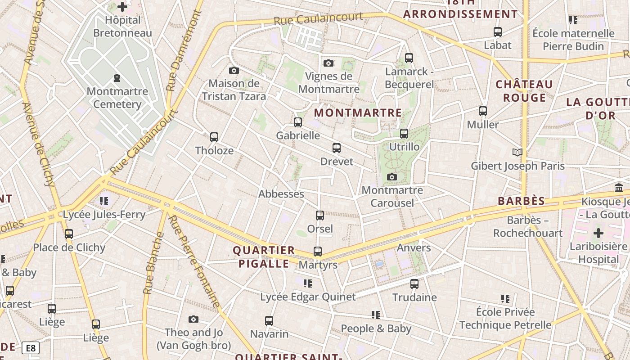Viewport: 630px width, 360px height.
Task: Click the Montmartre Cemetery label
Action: [117, 98]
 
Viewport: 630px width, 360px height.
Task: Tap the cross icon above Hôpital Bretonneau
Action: [122, 7]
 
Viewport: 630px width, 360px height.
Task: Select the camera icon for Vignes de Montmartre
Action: [328, 63]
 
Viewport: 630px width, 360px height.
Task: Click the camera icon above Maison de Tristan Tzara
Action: [234, 70]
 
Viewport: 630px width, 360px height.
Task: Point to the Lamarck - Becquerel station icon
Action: [409, 58]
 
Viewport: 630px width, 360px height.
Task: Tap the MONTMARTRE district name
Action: [358, 112]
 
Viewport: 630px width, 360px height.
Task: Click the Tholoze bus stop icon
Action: [214, 137]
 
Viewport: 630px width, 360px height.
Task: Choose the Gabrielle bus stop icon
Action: [298, 122]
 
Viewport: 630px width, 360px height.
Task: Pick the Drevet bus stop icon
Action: [336, 148]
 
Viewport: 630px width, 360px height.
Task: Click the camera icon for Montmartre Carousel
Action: [392, 177]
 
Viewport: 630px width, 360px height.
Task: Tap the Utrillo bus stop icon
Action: [404, 134]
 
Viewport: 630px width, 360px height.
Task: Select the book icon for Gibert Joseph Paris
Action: [517, 153]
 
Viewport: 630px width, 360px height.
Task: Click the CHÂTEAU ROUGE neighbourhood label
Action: [524, 91]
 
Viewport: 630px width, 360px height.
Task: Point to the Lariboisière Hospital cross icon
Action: [598, 233]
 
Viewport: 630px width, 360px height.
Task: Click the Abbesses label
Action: [281, 194]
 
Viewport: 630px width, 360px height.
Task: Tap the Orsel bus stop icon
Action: [320, 216]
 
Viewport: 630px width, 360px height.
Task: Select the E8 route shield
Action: [30, 348]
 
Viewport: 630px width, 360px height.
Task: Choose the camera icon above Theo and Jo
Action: [193, 319]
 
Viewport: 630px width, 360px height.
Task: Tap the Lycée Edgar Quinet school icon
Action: [308, 283]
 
